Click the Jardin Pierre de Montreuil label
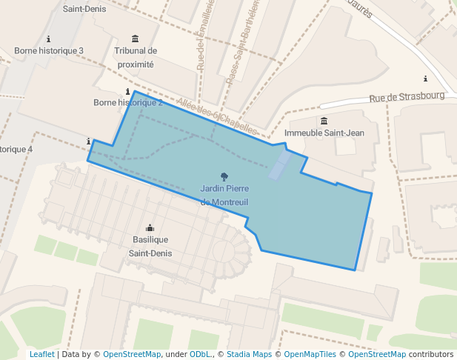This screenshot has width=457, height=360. (224, 195)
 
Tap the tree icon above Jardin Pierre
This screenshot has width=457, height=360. (225, 176)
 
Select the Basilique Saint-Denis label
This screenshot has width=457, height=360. (151, 246)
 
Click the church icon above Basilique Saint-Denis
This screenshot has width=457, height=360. (150, 228)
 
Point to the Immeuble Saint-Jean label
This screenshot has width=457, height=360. (324, 133)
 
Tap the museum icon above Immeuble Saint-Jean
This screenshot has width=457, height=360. (324, 121)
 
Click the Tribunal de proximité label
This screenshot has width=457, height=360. (135, 57)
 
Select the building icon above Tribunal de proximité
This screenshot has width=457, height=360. (135, 39)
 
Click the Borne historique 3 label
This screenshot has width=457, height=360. (49, 50)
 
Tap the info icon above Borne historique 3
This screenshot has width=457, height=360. (49, 39)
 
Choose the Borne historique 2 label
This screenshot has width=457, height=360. (128, 102)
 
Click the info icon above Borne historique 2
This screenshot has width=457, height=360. (128, 91)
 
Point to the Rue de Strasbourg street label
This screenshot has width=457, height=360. (407, 96)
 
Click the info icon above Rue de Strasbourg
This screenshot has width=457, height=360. (425, 79)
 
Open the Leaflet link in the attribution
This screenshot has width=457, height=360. (41, 354)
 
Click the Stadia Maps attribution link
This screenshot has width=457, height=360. (249, 354)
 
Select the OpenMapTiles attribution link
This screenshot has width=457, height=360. (311, 354)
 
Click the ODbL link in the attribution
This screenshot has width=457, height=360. (201, 354)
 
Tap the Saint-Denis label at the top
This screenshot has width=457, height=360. (84, 9)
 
